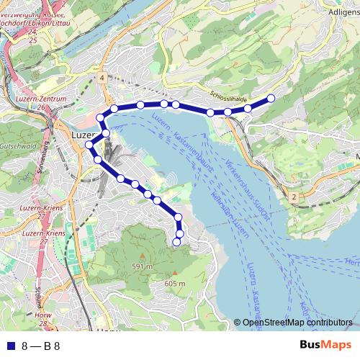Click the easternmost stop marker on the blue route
point(271,98)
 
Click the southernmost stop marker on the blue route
point(176,243)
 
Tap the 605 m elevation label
point(175,284)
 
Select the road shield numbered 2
point(294,196)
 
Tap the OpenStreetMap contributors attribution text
point(297,323)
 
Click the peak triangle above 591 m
point(142,257)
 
